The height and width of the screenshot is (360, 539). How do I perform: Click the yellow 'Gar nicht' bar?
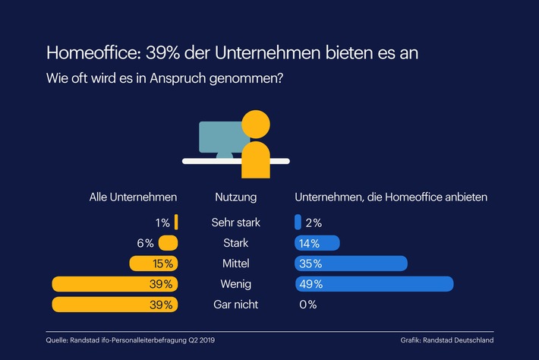[114, 305]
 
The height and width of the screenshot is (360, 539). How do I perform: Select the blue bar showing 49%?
[374, 284]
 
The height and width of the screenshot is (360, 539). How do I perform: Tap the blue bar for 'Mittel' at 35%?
[351, 264]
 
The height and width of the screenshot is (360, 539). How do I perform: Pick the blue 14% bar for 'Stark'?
[317, 243]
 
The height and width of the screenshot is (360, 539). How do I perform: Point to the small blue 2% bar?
[298, 223]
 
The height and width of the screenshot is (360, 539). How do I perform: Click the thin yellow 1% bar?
[176, 223]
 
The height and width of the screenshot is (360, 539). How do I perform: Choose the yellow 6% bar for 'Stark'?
[168, 243]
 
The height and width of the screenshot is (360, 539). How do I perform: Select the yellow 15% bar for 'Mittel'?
[153, 264]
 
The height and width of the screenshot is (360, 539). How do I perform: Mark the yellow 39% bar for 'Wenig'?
[114, 284]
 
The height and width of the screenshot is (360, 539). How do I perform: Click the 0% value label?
[307, 305]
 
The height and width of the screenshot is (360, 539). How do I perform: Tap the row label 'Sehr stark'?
[235, 223]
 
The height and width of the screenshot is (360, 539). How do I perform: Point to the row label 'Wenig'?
[235, 284]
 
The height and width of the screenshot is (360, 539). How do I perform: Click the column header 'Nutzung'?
[235, 197]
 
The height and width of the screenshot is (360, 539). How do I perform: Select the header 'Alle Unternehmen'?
[133, 197]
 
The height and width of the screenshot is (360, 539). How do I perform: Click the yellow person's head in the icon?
[255, 125]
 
